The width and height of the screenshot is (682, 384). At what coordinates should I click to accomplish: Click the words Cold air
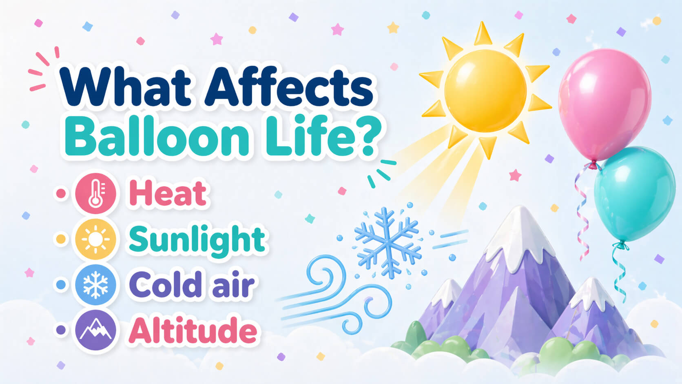coord(192,285)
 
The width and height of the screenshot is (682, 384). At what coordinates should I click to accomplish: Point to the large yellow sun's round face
coord(485,91)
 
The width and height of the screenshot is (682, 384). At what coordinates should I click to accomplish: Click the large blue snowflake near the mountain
coord(387,242)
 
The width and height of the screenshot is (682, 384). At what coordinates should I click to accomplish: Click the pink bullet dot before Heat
coord(61,193)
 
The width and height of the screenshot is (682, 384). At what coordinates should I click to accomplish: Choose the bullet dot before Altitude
coord(61,331)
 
